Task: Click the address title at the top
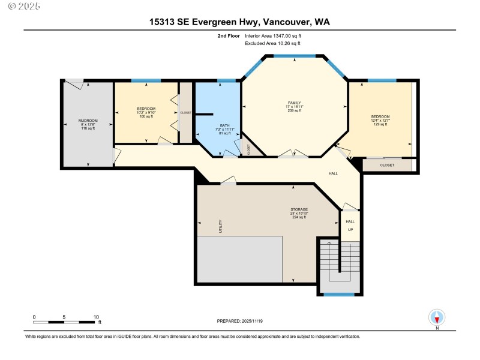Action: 239,22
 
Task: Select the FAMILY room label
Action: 294,106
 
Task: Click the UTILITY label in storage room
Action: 220,226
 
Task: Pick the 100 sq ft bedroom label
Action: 146,112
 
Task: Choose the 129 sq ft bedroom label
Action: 380,120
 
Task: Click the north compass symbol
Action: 437,317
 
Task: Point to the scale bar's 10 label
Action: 96,317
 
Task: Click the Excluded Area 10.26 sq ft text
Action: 272,43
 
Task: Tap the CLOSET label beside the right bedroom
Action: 387,164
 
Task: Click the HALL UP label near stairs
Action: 350,226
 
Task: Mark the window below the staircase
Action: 339,294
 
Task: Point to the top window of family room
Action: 294,56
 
